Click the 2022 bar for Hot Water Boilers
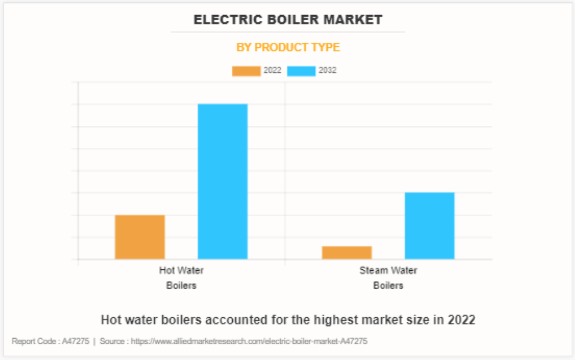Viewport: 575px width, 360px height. tap(140, 237)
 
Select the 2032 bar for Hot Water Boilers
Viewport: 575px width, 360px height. tap(222, 181)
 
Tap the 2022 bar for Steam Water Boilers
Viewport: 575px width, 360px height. tap(347, 253)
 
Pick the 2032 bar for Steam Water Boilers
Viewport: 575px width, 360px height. tap(429, 225)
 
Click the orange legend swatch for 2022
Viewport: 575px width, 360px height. tap(246, 71)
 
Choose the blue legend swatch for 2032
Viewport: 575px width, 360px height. tap(301, 71)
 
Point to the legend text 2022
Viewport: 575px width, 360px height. tap(272, 70)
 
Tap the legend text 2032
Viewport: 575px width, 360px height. tap(327, 70)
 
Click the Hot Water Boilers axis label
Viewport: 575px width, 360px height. tap(181, 277)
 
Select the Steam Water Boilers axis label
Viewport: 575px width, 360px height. tap(388, 277)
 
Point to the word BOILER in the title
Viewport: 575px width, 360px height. tap(292, 20)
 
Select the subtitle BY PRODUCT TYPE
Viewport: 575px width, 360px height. tap(288, 47)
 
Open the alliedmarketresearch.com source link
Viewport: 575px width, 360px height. tap(249, 342)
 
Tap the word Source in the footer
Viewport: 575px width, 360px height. tap(112, 342)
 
